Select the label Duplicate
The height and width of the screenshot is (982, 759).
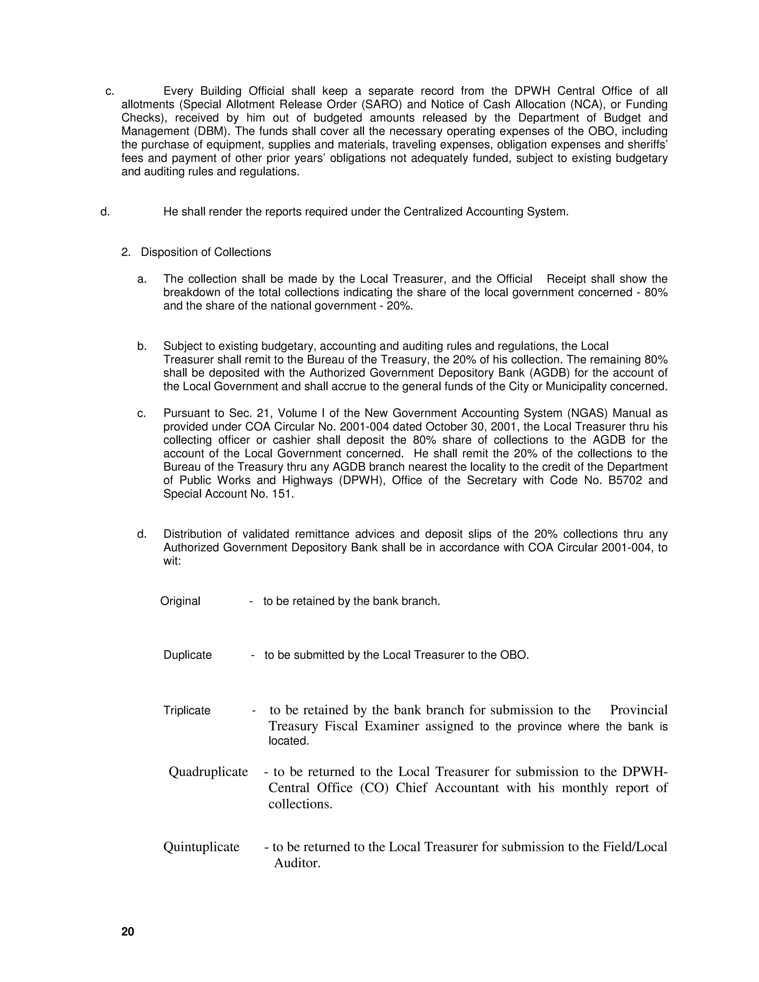tap(187, 655)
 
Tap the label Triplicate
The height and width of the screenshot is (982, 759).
tap(187, 711)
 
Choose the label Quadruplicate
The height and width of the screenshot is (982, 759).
tap(208, 772)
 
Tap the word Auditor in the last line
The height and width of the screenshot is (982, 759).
tap(297, 863)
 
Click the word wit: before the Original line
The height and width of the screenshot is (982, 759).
tap(172, 561)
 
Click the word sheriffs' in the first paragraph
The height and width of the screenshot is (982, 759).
tap(649, 145)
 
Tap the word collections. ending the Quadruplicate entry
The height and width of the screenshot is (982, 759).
tap(300, 804)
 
